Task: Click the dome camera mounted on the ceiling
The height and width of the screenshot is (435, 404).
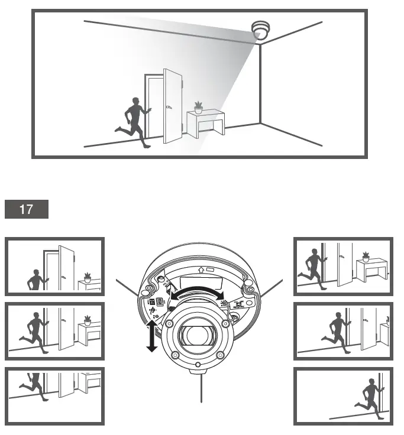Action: tap(259, 30)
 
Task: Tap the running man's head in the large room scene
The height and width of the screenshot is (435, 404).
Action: tap(135, 102)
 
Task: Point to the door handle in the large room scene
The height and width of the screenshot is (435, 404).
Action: tap(169, 108)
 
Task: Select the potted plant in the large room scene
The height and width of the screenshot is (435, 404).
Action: tap(198, 108)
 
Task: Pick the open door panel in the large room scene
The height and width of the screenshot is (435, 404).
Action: tap(173, 106)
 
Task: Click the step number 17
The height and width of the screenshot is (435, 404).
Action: tap(27, 209)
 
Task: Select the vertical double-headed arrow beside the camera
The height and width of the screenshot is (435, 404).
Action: tap(151, 336)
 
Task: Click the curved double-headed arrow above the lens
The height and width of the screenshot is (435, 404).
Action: tap(198, 291)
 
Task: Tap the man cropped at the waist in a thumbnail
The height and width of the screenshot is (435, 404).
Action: tap(36, 280)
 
